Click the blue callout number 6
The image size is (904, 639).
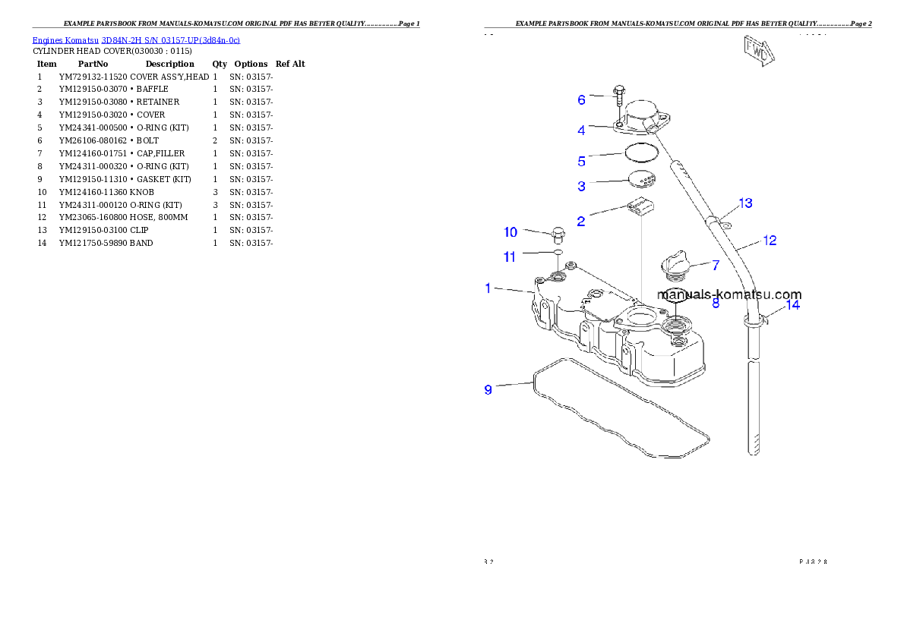[581, 99]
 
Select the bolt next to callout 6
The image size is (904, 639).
[618, 98]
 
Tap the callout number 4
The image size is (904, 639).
[581, 130]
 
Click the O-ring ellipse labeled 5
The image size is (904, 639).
[642, 153]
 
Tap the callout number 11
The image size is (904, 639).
[510, 257]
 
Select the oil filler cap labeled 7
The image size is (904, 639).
[675, 266]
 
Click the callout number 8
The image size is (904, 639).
[715, 304]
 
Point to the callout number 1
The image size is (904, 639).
[489, 288]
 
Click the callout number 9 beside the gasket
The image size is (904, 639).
[488, 389]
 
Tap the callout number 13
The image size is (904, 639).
[745, 203]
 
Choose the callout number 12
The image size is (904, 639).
[769, 241]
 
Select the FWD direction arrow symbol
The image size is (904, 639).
[757, 51]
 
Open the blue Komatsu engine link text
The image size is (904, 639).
[136, 40]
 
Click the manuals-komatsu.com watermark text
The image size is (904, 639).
[729, 295]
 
